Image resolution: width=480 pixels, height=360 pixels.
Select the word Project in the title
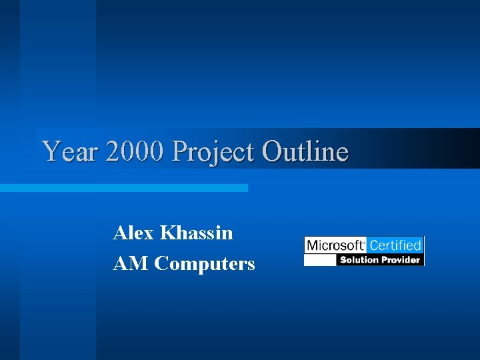pyautogui.click(x=213, y=153)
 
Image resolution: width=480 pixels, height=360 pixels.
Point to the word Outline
pyautogui.click(x=305, y=151)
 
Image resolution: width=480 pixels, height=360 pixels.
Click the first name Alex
pyautogui.click(x=134, y=233)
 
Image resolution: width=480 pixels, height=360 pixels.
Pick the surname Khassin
pyautogui.click(x=197, y=233)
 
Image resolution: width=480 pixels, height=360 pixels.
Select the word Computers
pyautogui.click(x=205, y=265)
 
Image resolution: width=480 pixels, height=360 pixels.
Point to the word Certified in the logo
pyautogui.click(x=395, y=245)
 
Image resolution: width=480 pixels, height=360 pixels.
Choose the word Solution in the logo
pyautogui.click(x=359, y=259)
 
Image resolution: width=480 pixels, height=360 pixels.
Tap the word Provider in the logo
pyautogui.click(x=400, y=259)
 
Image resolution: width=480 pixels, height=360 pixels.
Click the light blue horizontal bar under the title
pyautogui.click(x=123, y=188)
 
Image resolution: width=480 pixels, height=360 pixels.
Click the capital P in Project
pyautogui.click(x=179, y=151)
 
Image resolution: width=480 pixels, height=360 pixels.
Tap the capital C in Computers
pyautogui.click(x=161, y=264)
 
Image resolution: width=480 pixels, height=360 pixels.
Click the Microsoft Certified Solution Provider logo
pyautogui.click(x=364, y=251)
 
